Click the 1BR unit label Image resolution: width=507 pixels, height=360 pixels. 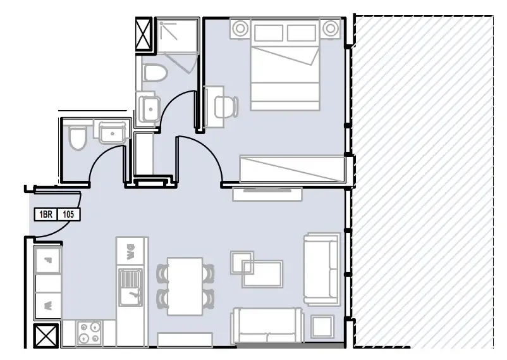(45, 215)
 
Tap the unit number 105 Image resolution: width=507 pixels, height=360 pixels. (69, 215)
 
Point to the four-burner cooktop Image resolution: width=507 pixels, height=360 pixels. (89, 333)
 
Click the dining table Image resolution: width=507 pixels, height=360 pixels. (185, 286)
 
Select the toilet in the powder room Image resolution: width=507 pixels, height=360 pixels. (78, 138)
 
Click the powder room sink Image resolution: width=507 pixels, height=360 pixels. (112, 133)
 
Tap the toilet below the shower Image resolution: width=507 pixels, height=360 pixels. (154, 72)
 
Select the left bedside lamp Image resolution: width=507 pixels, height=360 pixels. (240, 28)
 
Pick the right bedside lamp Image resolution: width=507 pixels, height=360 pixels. (330, 28)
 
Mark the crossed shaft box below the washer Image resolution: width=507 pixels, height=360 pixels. (47, 335)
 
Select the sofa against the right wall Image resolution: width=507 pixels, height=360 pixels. (322, 269)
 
